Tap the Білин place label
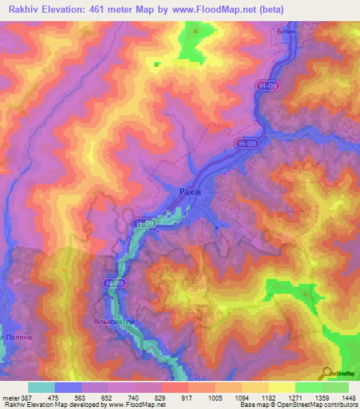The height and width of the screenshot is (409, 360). pyautogui.click(x=288, y=32)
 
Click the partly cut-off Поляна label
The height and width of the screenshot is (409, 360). pyautogui.click(x=15, y=337)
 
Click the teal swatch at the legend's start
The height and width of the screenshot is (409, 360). pyautogui.click(x=41, y=387)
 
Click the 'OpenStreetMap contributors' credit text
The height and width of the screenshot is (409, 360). pyautogui.click(x=310, y=405)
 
